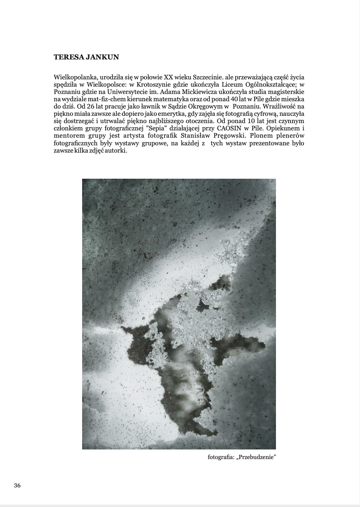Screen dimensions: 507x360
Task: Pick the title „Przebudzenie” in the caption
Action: point(257,457)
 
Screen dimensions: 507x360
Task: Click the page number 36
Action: point(17,486)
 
